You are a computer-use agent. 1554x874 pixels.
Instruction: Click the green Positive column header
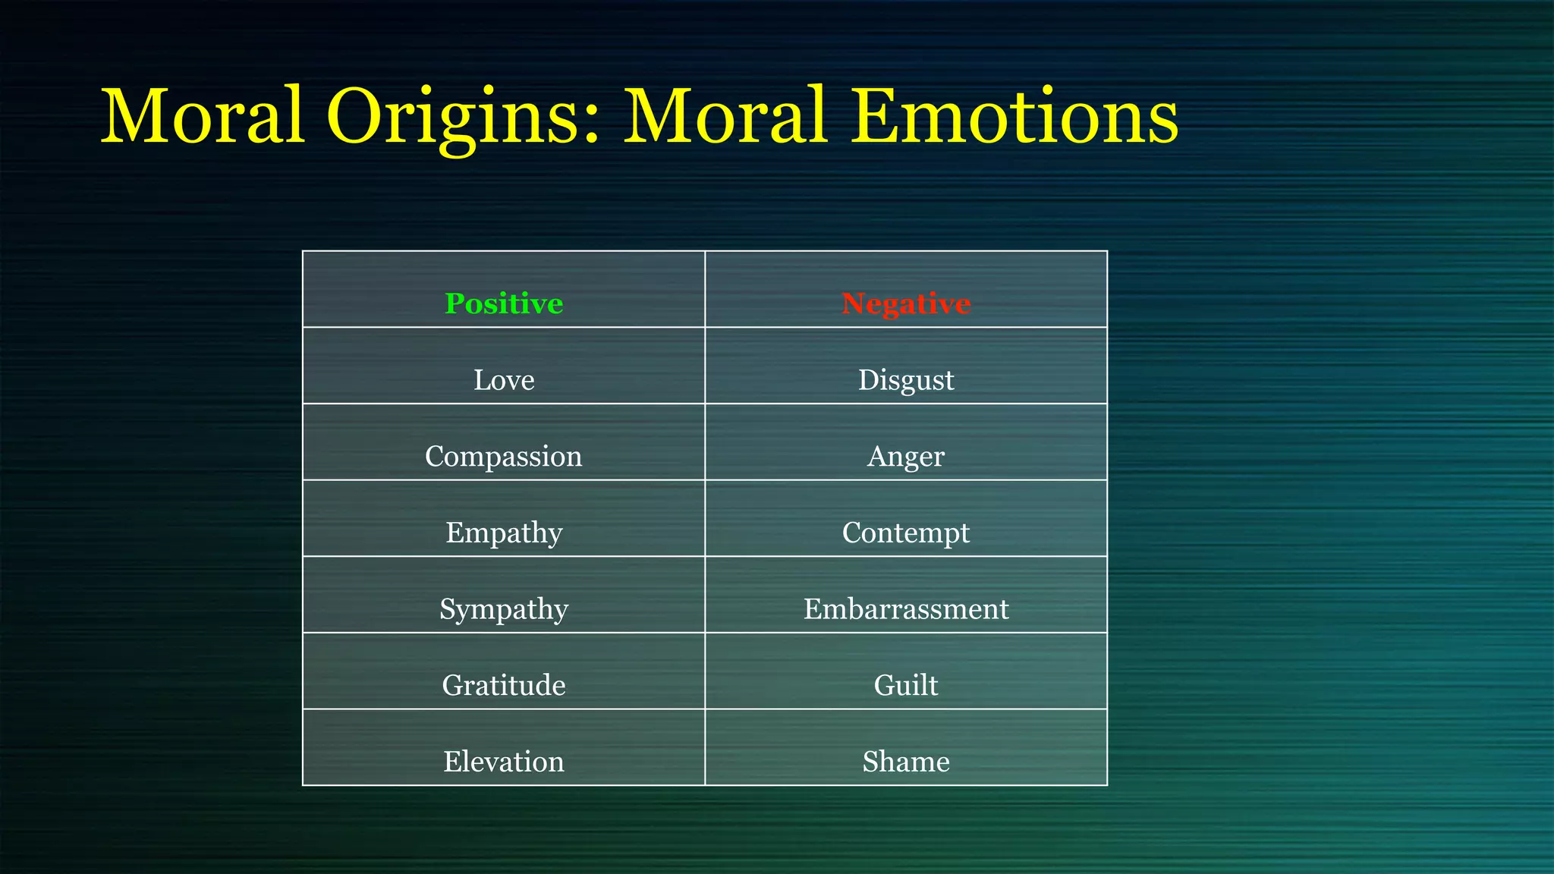point(504,303)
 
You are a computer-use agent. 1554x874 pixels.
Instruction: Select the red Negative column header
point(906,303)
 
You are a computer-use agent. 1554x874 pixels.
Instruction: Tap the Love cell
point(504,379)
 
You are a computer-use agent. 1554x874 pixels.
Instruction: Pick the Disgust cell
point(906,379)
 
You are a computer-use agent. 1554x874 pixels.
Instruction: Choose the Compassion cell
point(504,456)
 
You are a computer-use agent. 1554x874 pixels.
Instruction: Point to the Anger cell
point(906,456)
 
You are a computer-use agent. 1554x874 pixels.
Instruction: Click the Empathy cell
point(504,533)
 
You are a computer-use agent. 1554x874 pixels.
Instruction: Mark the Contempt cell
point(906,533)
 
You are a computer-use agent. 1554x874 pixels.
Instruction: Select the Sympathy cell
point(504,608)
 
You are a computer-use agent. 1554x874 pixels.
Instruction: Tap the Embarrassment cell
point(906,608)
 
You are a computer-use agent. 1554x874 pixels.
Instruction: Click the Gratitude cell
point(504,685)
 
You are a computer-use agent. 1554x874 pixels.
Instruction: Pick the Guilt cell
point(906,685)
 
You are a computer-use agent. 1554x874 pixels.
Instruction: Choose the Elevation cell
point(504,761)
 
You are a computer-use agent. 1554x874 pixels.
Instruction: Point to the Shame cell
point(906,761)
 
